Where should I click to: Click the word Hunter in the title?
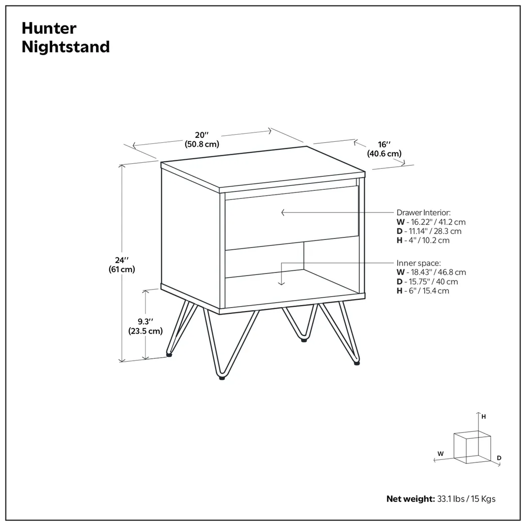point(49,28)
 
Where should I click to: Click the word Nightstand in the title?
point(66,47)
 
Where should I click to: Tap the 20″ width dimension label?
point(201,135)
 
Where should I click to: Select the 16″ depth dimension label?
point(384,144)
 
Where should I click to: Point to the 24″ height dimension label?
point(122,260)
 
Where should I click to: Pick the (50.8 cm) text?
point(201,144)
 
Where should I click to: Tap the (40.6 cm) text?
point(384,153)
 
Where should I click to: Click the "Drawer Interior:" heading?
point(424,212)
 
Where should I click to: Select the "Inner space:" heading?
point(419,262)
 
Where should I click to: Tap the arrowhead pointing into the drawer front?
point(283,212)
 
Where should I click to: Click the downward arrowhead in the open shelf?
point(282,283)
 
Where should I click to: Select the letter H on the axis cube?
point(483,416)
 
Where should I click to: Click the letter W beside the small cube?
point(440,454)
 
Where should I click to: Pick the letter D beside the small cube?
point(499,458)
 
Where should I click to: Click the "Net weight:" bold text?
point(410,499)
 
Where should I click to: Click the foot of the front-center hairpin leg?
point(221,378)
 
